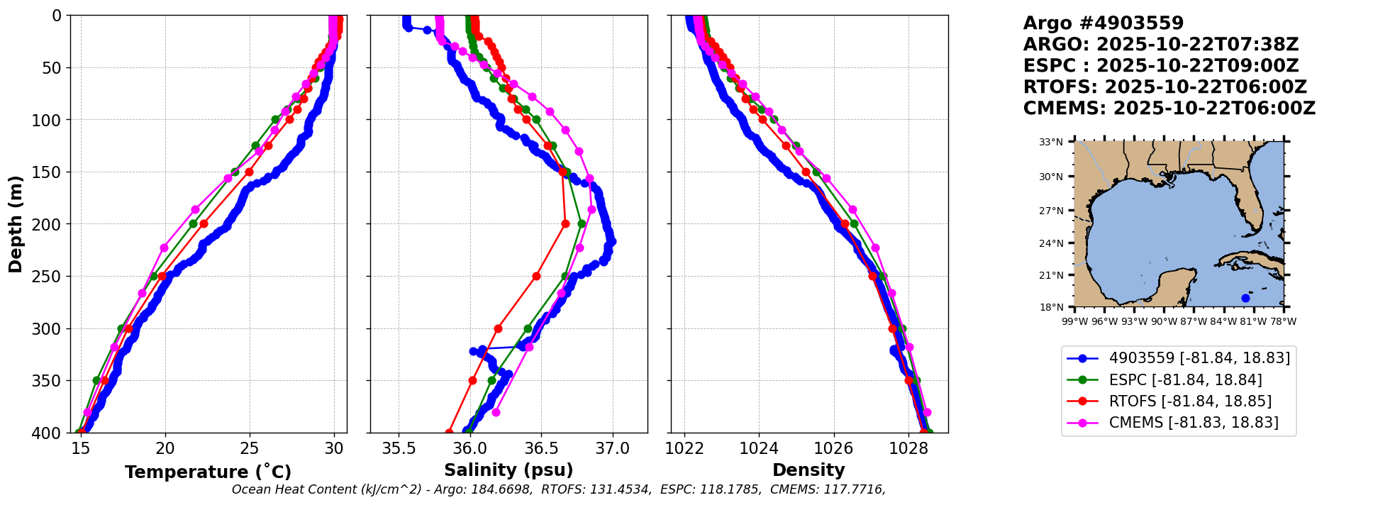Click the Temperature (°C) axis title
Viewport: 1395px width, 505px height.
coord(208,472)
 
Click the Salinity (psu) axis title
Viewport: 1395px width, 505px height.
coord(508,470)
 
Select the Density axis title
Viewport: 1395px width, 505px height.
coord(808,470)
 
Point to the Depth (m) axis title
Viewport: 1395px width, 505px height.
coord(16,224)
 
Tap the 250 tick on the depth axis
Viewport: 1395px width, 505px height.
coord(50,277)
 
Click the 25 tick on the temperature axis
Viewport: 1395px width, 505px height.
coord(250,448)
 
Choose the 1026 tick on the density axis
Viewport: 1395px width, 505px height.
coord(833,448)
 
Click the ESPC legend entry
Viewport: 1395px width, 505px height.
coord(1185,379)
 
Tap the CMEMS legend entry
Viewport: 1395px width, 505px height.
coord(1194,423)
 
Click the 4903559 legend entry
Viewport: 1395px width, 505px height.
coord(1199,357)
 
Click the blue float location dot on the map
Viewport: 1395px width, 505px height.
coord(1245,298)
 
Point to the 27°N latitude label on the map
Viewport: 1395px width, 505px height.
coord(1051,211)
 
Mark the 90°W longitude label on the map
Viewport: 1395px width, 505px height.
coord(1164,321)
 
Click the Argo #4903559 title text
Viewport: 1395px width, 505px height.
coord(1103,23)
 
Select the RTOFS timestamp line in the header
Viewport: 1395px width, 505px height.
coord(1165,87)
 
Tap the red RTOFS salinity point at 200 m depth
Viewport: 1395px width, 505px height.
coord(565,223)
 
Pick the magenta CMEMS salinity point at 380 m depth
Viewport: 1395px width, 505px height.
coord(496,412)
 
